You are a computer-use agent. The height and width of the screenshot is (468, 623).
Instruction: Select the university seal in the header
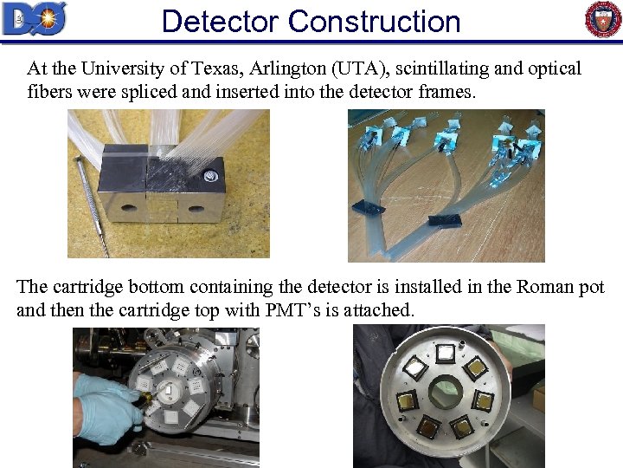pyautogui.click(x=602, y=19)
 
